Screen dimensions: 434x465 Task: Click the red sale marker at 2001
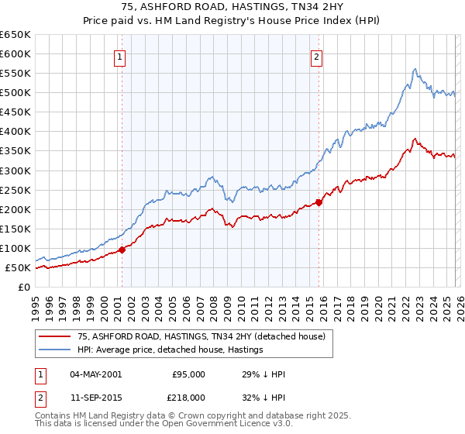[122, 250]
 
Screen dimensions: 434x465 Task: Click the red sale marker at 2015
[319, 202]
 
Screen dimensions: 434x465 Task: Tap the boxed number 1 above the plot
[122, 56]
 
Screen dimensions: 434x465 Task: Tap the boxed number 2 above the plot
[319, 56]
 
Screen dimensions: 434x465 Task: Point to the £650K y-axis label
[15, 35]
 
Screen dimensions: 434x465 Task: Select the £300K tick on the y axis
[15, 170]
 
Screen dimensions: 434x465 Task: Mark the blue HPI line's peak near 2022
[415, 68]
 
